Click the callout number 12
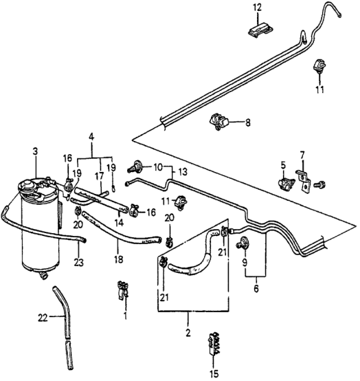pos(258,8)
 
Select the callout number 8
pos(247,122)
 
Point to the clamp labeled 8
pos(219,122)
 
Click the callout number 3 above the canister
pos(36,151)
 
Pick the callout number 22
pos(43,318)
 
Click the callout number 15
pos(215,373)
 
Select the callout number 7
pos(302,155)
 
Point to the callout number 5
pos(283,165)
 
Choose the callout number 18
pos(119,259)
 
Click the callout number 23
pos(79,263)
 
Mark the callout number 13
pos(183,172)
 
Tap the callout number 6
pos(256,289)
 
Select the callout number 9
pos(245,263)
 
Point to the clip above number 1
pos(123,290)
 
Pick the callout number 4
pos(91,137)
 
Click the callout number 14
pos(119,223)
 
